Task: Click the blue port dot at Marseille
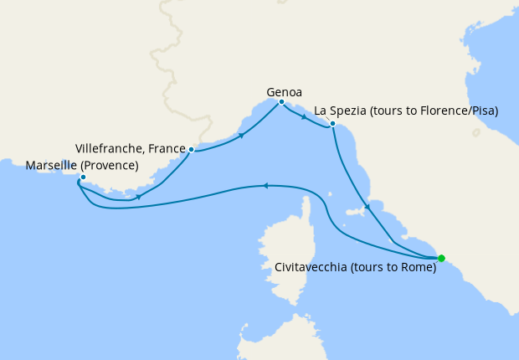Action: [82, 177]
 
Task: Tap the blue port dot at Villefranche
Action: [192, 150]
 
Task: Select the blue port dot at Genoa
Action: [281, 102]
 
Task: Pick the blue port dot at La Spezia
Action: [332, 124]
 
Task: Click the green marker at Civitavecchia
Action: [441, 258]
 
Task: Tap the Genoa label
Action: [284, 92]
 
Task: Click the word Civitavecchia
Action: [311, 268]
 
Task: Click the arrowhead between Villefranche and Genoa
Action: [242, 135]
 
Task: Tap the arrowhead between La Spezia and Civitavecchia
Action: [366, 207]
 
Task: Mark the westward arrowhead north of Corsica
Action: [265, 186]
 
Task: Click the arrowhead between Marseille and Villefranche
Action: [137, 198]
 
